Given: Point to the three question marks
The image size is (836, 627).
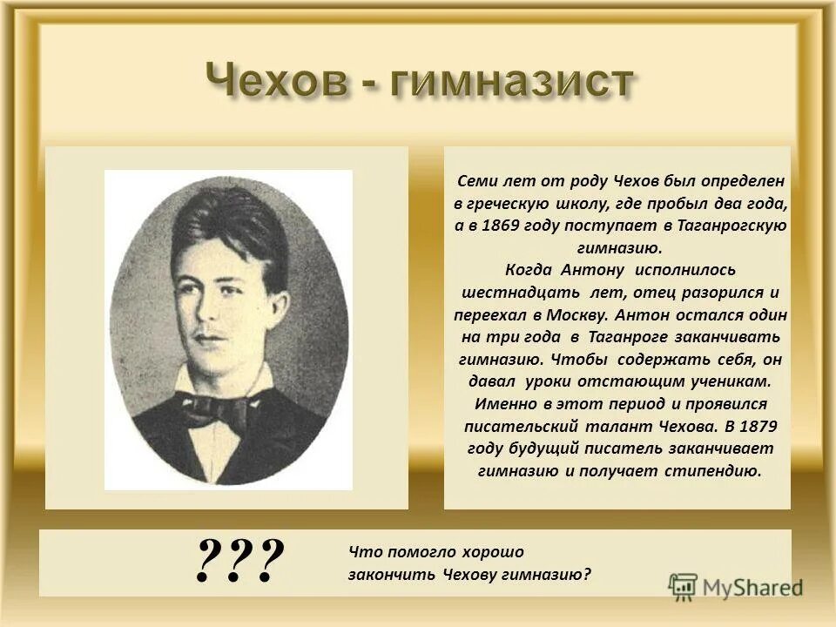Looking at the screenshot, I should [x=241, y=562].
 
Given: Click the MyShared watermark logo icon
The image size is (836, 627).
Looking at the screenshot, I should [x=684, y=585].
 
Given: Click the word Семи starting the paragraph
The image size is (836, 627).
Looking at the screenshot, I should [x=477, y=181].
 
